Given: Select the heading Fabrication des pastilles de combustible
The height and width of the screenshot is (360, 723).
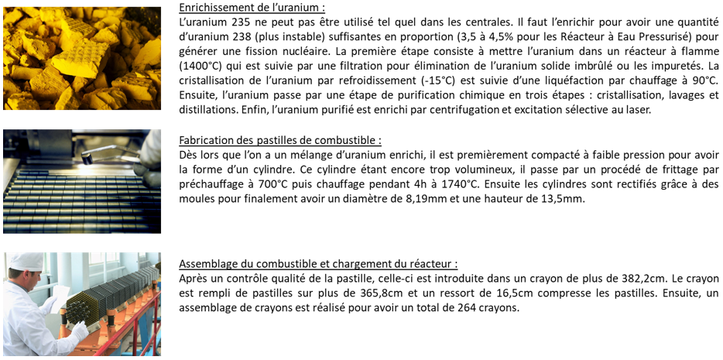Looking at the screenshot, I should pyautogui.click(x=279, y=140).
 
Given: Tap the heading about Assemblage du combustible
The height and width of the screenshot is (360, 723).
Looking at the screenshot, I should pyautogui.click(x=317, y=263).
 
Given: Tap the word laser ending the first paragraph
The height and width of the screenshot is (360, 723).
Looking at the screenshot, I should pyautogui.click(x=637, y=111).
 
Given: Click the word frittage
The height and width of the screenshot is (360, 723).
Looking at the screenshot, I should pyautogui.click(x=676, y=170).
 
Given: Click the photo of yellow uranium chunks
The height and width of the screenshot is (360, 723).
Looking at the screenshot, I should pyautogui.click(x=82, y=58).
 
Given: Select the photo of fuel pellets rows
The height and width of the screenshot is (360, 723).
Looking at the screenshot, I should pyautogui.click(x=82, y=181).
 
